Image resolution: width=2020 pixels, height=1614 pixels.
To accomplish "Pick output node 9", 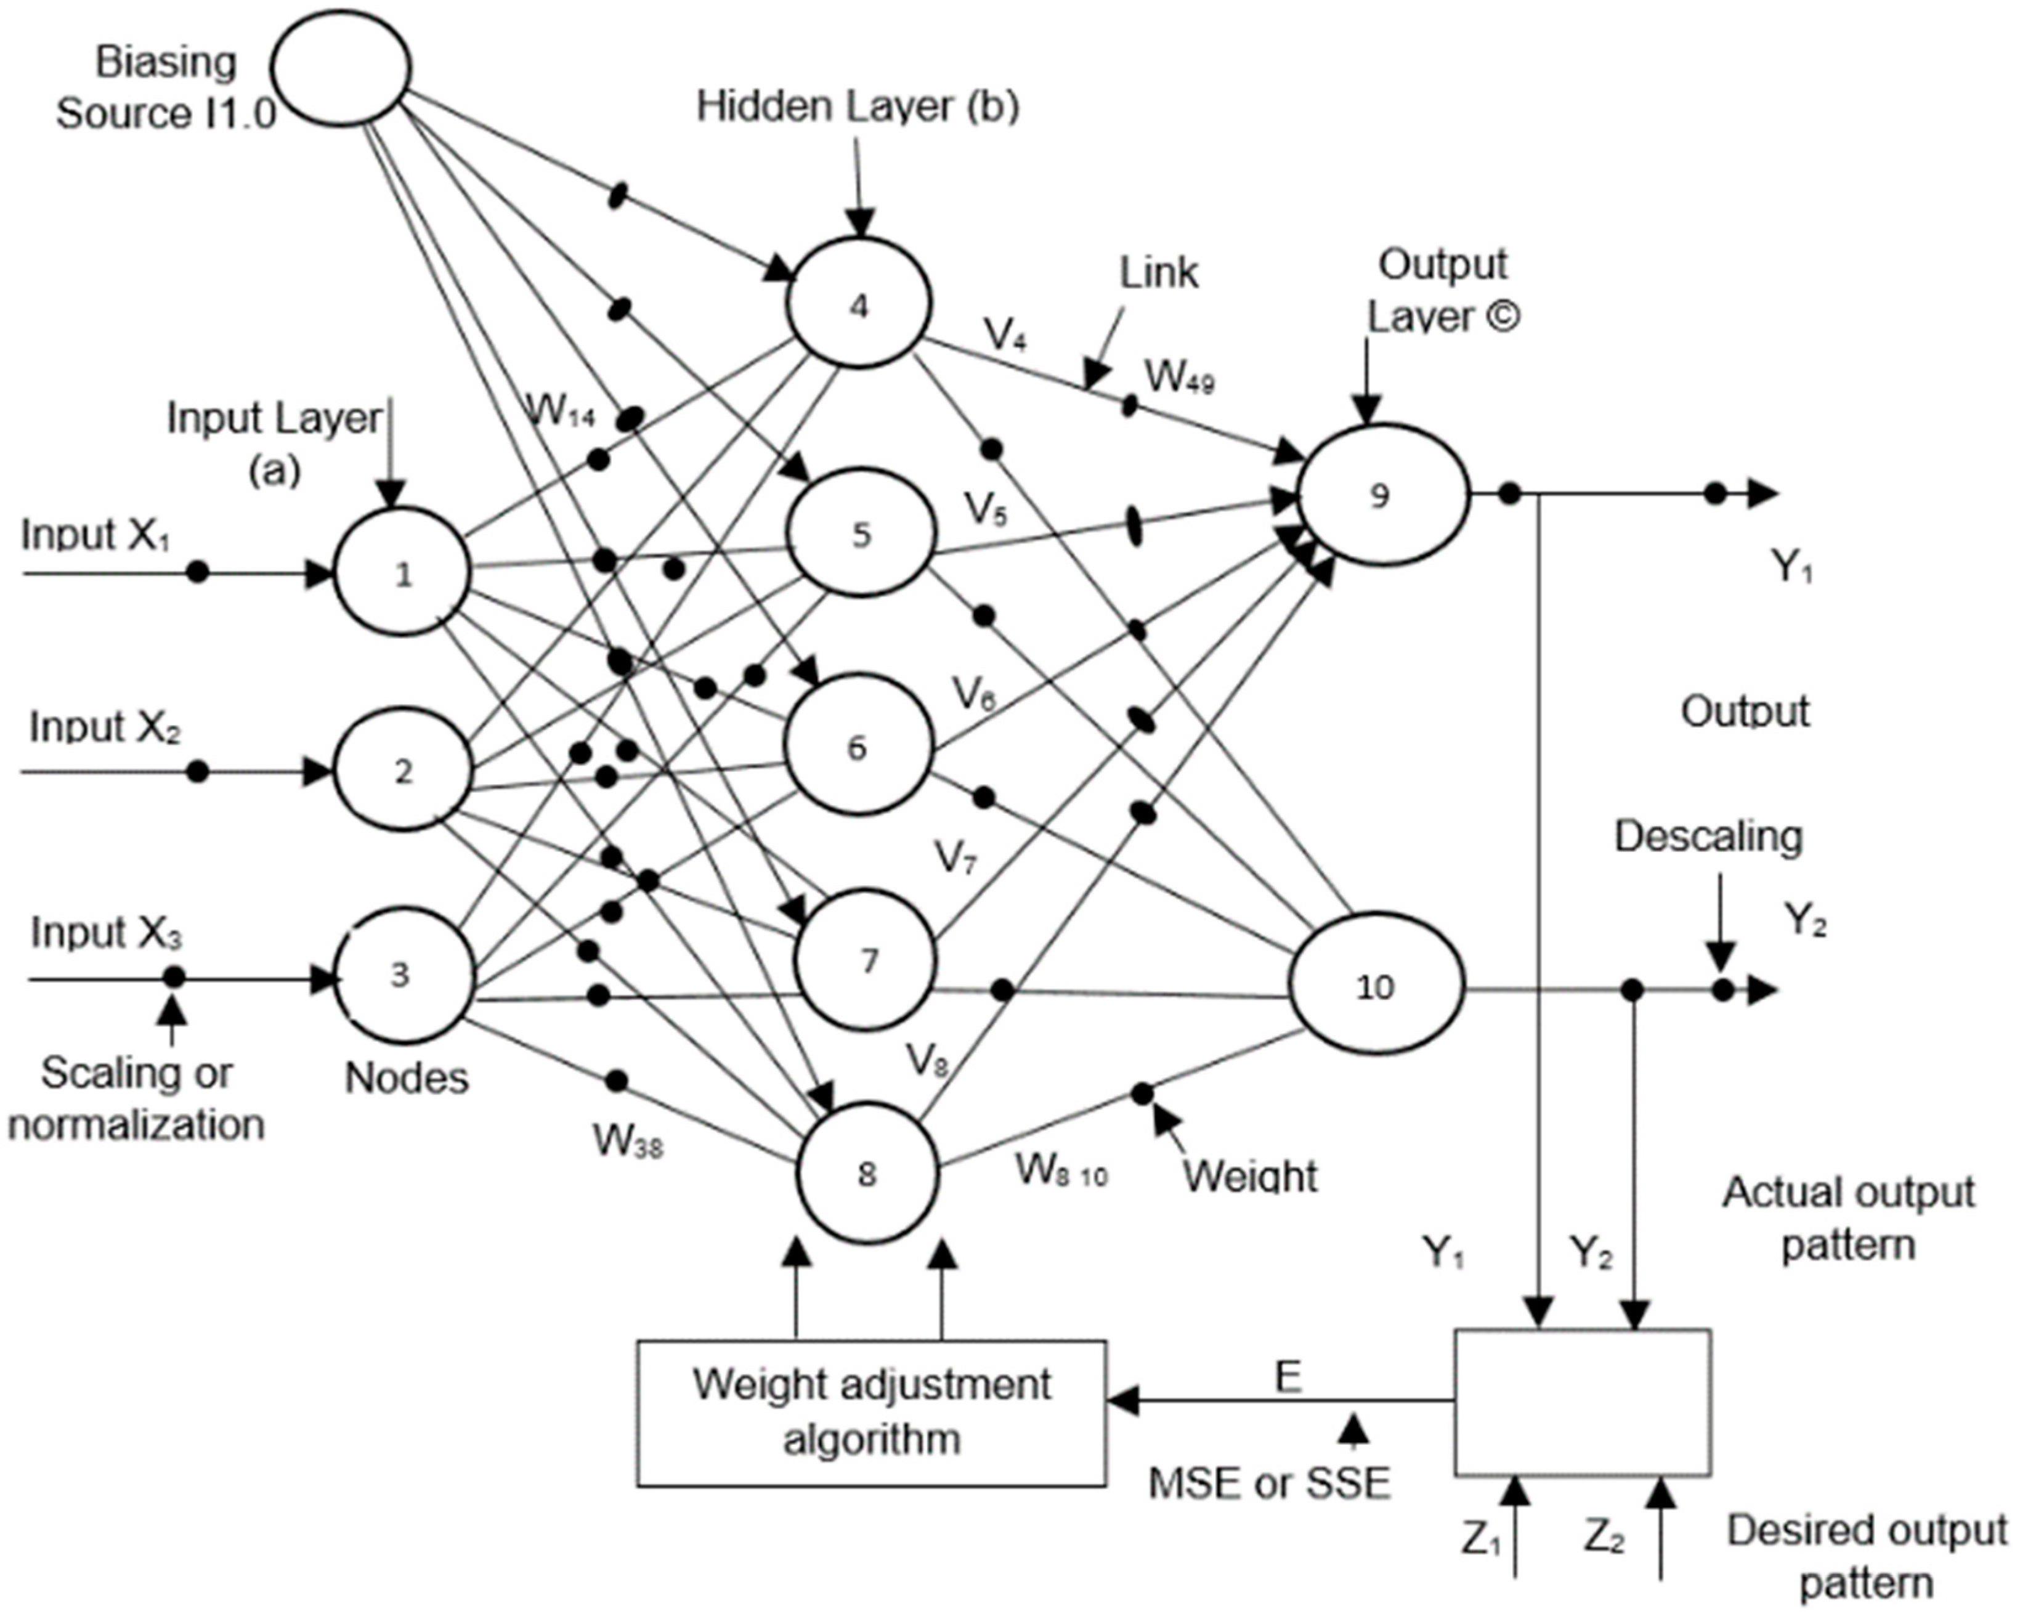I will pos(1379,495).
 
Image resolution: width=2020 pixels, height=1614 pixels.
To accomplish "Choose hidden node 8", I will pos(867,1174).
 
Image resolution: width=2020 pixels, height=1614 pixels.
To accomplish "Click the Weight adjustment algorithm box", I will pos(871,1412).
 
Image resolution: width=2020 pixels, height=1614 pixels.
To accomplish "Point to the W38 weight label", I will pos(627,1141).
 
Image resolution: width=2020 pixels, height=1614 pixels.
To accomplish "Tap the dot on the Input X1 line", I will pos(197,572).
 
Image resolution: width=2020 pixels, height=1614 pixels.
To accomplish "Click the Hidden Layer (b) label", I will pos(858,107).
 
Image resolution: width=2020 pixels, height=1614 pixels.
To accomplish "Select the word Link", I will pos(1158,272).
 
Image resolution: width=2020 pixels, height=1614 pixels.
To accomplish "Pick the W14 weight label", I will pos(560,412).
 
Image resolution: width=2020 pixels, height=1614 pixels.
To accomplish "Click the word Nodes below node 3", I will pos(406,1078).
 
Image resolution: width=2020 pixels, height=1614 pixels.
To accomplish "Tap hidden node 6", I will pos(858,747).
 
